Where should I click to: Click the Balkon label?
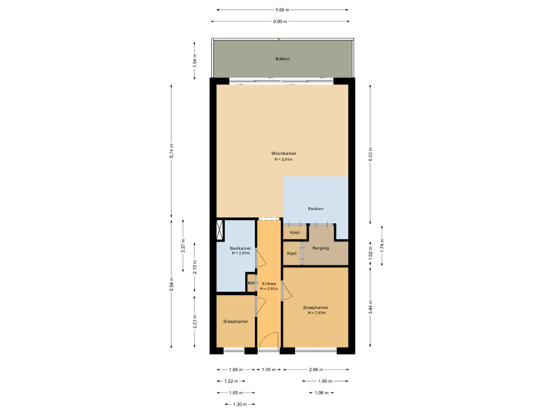pos(283,58)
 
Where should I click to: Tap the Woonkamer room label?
pos(283,153)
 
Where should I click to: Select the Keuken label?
pos(315,209)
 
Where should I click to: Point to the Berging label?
pos(320,248)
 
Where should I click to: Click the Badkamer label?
pos(240,248)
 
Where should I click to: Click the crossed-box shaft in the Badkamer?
pos(221,231)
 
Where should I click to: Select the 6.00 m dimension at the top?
pos(282,21)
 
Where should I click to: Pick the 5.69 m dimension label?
pos(282,9)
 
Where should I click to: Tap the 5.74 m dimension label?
pos(171,151)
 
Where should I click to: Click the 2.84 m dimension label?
pos(315,370)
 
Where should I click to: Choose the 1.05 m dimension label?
pos(268,370)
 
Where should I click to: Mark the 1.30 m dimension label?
pos(240,404)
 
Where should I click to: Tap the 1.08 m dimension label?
pos(322,393)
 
